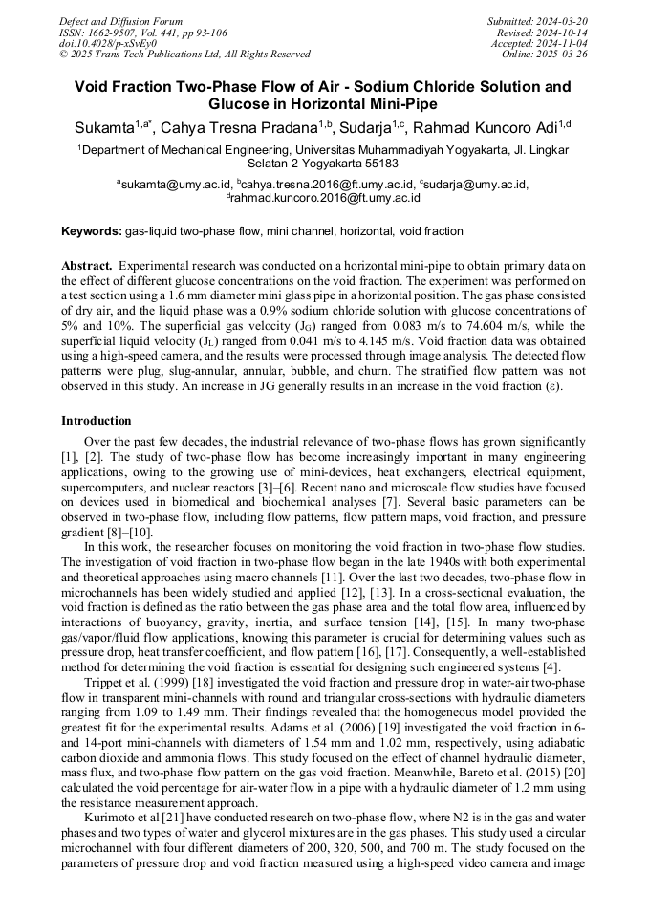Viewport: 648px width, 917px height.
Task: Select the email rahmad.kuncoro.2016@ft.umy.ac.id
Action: coord(324,199)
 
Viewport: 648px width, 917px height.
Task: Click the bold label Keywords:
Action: coord(93,231)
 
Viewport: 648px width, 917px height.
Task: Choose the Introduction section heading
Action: coord(97,421)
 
